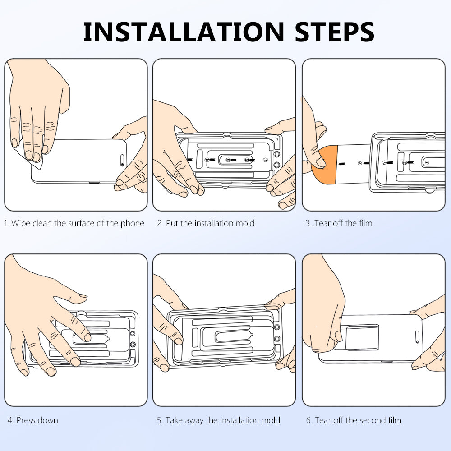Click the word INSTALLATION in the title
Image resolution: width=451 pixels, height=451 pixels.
[184, 32]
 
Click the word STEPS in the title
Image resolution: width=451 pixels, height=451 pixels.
[335, 32]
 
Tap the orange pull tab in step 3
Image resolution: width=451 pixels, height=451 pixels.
[325, 165]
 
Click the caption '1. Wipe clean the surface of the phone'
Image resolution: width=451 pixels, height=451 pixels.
[74, 223]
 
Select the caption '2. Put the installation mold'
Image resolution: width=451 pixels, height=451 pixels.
[206, 223]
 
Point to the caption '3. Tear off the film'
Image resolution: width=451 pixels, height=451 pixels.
[339, 223]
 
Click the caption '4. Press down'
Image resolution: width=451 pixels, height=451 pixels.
[33, 420]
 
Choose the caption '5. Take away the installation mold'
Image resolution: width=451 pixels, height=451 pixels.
[218, 420]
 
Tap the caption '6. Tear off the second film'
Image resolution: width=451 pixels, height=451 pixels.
[354, 420]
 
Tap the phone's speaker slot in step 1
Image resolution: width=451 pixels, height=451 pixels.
[122, 160]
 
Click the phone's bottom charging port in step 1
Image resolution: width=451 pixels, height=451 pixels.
[94, 183]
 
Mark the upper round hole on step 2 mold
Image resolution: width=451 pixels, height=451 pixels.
[277, 154]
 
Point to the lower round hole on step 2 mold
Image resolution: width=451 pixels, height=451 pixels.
[277, 165]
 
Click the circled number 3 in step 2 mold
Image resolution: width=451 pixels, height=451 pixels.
[228, 160]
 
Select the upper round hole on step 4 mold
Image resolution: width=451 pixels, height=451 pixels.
[133, 334]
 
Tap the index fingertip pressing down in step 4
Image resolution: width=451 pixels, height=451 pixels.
[87, 337]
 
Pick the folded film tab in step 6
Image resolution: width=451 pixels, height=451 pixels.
[362, 337]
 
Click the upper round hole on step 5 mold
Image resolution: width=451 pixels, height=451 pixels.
[277, 327]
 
